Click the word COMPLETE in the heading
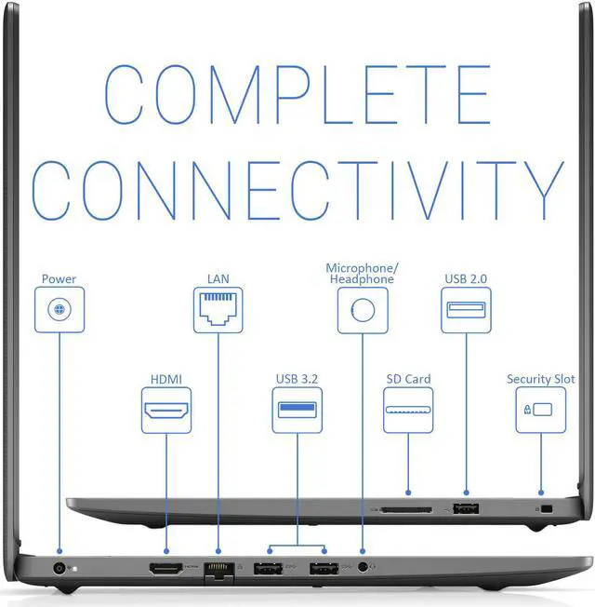(297, 95)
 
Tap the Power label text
(59, 278)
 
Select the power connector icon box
(59, 309)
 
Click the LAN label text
(218, 278)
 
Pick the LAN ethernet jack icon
(218, 309)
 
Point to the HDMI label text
(165, 379)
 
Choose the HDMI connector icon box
(165, 410)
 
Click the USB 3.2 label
(297, 379)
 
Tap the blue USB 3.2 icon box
(297, 410)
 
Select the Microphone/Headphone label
(360, 274)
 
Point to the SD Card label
(408, 379)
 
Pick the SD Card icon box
(408, 410)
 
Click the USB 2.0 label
(466, 278)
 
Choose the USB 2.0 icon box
(466, 309)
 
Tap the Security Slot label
(540, 379)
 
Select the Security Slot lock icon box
(540, 410)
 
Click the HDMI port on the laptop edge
(165, 568)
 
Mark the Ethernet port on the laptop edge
(218, 569)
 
